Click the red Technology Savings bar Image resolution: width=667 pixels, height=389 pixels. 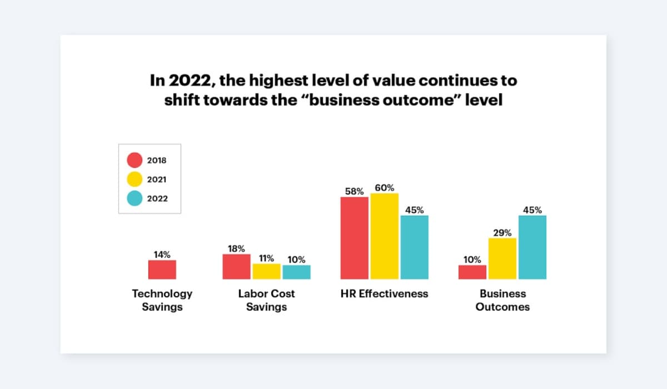point(162,270)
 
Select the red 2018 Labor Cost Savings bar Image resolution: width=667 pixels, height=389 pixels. point(236,267)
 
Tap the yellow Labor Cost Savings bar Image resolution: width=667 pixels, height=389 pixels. point(266,272)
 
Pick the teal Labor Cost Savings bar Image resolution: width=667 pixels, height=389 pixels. point(296,272)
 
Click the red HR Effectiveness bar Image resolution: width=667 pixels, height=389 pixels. point(354,238)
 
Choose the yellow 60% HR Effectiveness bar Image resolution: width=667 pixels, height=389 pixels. point(384,236)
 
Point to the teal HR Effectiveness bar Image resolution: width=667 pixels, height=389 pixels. point(414,247)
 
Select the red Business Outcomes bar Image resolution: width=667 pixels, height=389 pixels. point(472,272)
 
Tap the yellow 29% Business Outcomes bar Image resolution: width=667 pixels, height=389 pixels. point(502,258)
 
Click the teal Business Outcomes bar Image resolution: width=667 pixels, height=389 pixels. point(532,247)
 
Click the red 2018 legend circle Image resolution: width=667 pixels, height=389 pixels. point(135,161)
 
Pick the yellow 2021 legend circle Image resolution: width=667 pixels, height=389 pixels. point(135,179)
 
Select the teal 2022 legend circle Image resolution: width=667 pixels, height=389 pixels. point(135,198)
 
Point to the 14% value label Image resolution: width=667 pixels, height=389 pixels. point(162,255)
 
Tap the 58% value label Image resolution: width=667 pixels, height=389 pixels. point(354,191)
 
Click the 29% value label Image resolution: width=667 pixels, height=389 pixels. point(502,233)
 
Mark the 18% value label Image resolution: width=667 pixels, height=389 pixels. point(236,248)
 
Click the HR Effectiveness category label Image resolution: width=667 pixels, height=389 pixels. point(384,293)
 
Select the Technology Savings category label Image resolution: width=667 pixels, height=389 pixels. point(162,300)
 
